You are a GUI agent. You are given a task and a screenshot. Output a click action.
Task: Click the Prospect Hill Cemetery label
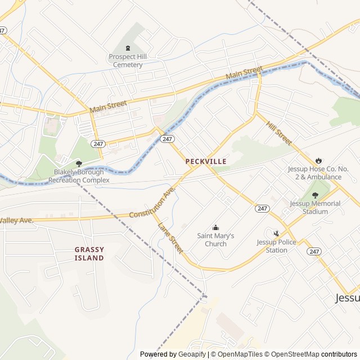coord(127,61)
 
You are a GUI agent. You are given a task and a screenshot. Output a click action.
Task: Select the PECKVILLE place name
coord(206,161)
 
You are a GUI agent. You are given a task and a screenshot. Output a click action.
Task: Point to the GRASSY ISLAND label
coord(89,254)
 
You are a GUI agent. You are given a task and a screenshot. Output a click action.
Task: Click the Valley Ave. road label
coord(17,220)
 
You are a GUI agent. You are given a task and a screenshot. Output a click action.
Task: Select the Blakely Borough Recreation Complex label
coord(79,176)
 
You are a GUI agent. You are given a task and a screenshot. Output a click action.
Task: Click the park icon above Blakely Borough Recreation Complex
coord(79,163)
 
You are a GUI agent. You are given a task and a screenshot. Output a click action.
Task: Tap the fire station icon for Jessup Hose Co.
coord(319,160)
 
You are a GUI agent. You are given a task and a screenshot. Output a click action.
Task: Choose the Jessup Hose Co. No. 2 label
coord(314,173)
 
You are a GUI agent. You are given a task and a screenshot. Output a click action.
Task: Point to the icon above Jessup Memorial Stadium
coord(315,195)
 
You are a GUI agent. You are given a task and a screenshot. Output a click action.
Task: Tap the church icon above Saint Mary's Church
coord(215,227)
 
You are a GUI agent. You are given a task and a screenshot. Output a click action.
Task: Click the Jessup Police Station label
coord(276,246)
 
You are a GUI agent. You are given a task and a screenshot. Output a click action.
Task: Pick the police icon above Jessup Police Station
coord(276,233)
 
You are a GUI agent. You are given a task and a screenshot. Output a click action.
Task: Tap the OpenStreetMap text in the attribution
coord(291,354)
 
